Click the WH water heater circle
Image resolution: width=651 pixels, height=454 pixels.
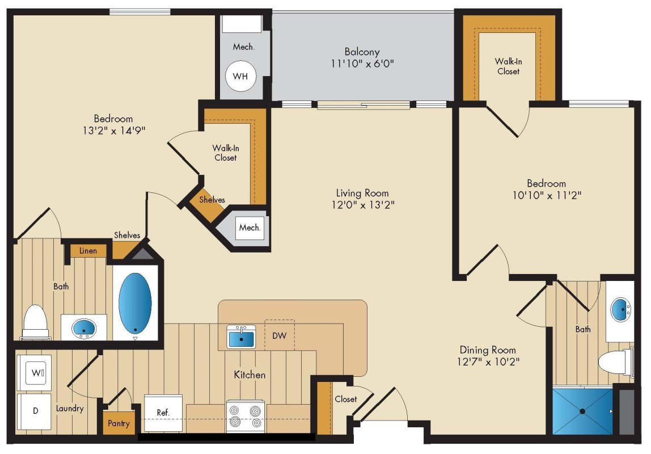click(x=240, y=76)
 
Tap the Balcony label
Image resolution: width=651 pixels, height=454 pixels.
click(x=362, y=52)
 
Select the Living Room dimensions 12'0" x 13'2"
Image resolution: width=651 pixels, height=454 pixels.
click(x=363, y=205)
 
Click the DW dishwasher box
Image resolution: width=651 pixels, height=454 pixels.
click(x=280, y=335)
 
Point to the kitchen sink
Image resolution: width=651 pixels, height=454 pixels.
click(x=241, y=337)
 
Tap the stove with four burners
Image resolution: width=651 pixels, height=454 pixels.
click(x=246, y=417)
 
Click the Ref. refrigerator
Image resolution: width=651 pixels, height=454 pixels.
click(x=163, y=413)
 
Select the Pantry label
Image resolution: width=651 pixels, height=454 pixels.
click(x=119, y=423)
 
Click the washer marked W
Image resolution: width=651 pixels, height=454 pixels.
click(x=33, y=373)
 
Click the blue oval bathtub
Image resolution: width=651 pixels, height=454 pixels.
click(x=135, y=303)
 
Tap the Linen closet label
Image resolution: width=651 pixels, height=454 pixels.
click(x=88, y=250)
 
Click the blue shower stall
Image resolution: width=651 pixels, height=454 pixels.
click(x=582, y=411)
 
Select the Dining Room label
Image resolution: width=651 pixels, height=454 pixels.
click(x=488, y=350)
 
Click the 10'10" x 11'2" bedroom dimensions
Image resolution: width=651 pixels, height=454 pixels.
click(x=547, y=195)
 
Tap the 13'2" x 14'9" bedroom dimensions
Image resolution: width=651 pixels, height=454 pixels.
click(x=114, y=131)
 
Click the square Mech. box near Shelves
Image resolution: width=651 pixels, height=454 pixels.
click(x=250, y=228)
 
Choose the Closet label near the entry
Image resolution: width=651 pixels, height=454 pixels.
click(x=345, y=399)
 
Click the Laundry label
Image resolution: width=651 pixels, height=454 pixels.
click(x=70, y=408)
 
